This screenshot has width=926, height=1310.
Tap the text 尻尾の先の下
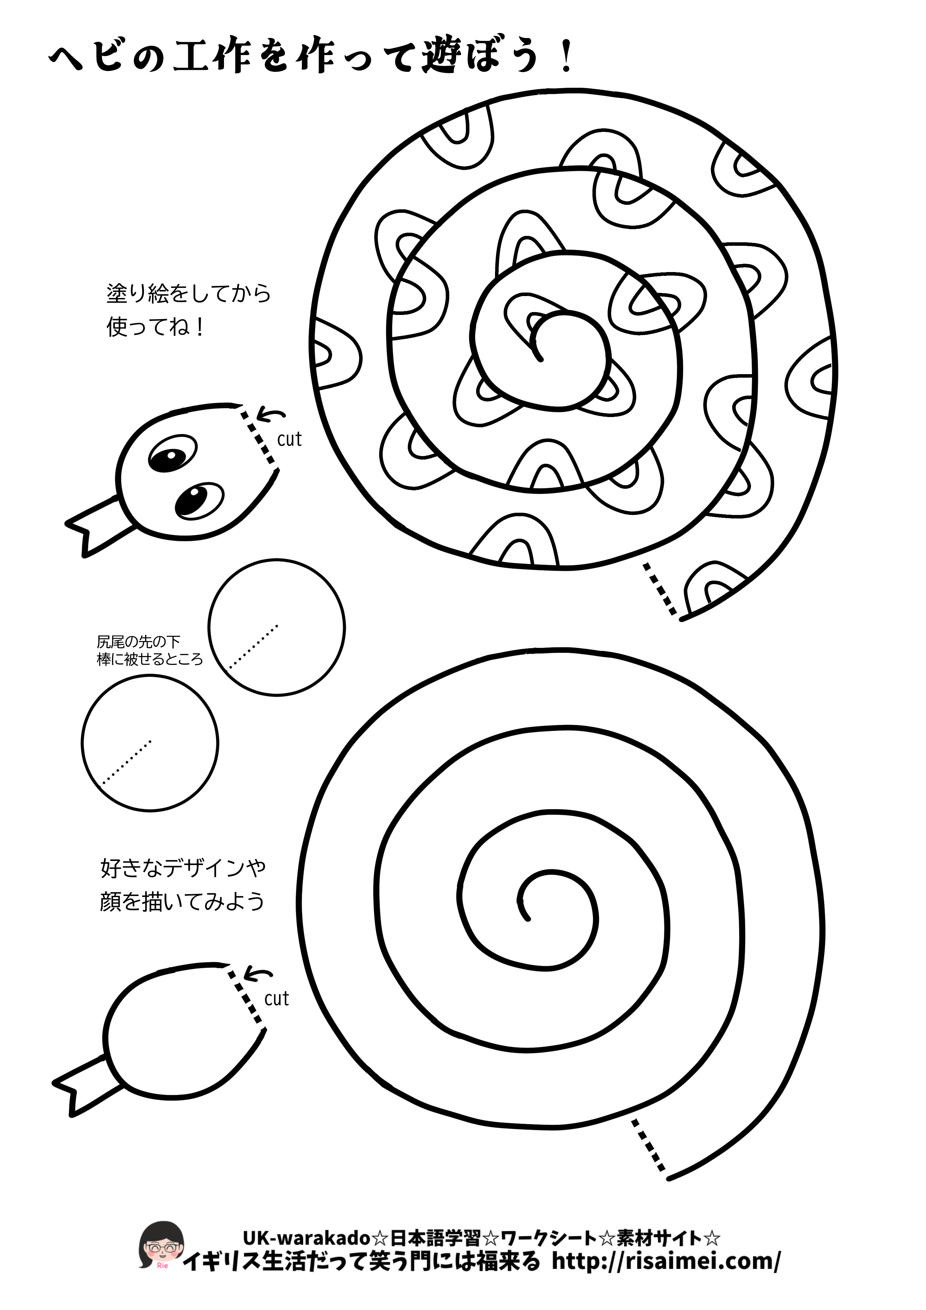139,641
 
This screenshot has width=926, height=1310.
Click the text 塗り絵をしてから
188,293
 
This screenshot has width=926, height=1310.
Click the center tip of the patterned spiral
540,359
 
